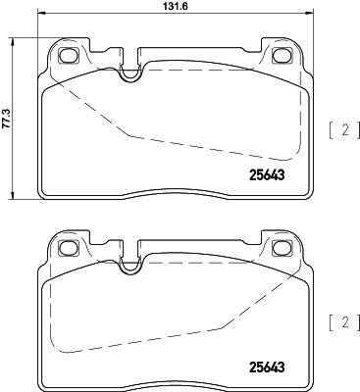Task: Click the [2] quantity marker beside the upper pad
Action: (341, 129)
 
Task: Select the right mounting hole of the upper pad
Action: (284, 56)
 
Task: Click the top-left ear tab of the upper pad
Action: (69, 51)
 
